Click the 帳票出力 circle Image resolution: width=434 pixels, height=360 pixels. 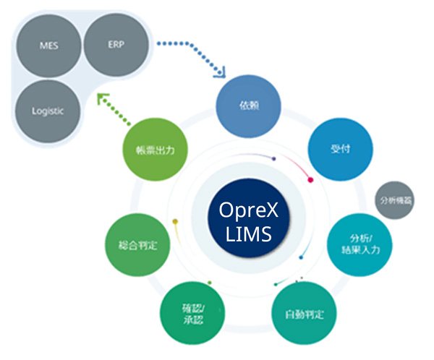point(156,150)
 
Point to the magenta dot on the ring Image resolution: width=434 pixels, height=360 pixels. point(310,179)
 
